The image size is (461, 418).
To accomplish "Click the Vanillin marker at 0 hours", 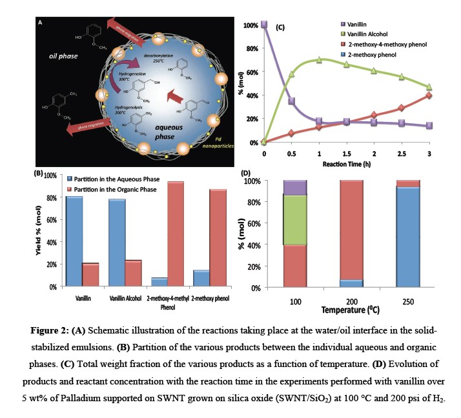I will pyautogui.click(x=264, y=25).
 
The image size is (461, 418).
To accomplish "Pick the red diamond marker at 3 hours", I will pyautogui.click(x=429, y=95).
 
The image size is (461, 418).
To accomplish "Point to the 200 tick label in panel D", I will pyautogui.click(x=352, y=301).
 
